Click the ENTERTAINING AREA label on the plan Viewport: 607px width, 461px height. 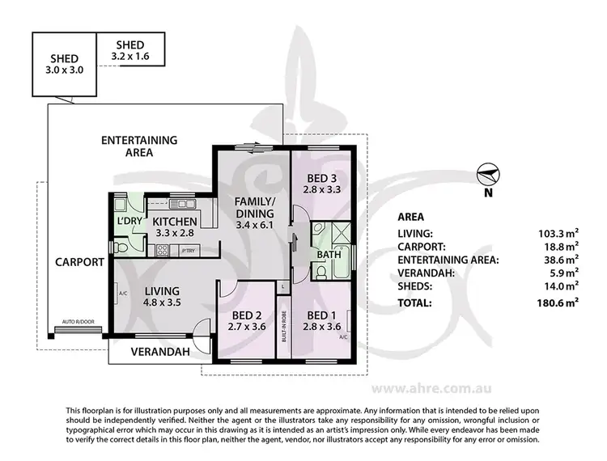[x=128, y=146]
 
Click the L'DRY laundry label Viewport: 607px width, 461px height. [x=129, y=221]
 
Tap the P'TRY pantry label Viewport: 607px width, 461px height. [x=189, y=252]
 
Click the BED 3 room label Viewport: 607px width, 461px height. [x=321, y=184]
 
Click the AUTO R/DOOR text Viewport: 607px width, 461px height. [x=78, y=322]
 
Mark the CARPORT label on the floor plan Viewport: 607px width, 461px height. [x=79, y=262]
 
